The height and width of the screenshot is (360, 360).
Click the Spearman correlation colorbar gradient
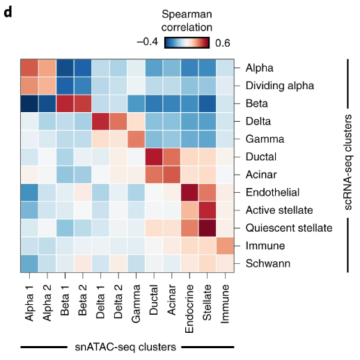click(187, 42)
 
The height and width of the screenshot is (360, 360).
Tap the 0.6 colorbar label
click(223, 42)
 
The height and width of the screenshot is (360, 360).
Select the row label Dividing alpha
click(279, 86)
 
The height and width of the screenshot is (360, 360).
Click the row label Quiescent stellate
click(283, 227)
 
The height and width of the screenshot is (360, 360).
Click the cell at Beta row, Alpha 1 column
click(29, 104)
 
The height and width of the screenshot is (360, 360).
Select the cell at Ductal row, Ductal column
click(153, 157)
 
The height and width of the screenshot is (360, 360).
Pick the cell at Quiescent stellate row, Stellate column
click(207, 227)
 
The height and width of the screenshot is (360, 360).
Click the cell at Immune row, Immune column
click(225, 245)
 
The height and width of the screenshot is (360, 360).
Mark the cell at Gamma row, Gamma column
click(135, 139)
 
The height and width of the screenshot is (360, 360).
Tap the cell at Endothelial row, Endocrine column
click(189, 192)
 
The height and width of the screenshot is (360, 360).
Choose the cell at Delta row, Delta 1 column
click(100, 121)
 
